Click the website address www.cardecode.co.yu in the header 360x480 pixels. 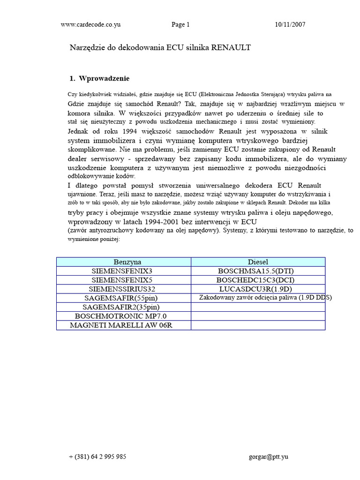point(90,25)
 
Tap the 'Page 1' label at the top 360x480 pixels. point(180,25)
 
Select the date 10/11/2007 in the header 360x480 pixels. point(290,25)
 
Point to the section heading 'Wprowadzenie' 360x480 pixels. point(104,78)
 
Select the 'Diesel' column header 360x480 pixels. point(258,262)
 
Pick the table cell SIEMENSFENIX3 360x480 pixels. point(124,271)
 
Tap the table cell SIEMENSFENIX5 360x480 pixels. point(124,280)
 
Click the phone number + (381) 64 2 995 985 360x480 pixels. point(97,457)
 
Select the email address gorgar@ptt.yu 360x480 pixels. point(269,457)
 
